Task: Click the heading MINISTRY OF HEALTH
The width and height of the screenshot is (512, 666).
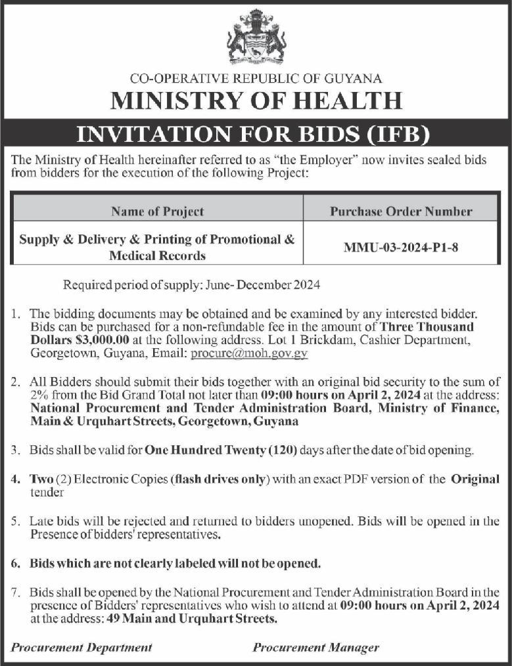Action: [256, 100]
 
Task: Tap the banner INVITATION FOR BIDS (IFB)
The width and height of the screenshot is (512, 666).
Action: [256, 134]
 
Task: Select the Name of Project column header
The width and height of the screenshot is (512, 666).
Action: [157, 211]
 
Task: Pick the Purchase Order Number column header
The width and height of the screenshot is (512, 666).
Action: [401, 211]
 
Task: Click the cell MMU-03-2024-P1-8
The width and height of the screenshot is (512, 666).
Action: [401, 248]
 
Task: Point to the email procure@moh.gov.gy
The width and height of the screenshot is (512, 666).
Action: [249, 353]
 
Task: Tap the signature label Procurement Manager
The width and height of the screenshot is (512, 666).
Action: [315, 647]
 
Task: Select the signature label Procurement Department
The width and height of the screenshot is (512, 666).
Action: [81, 647]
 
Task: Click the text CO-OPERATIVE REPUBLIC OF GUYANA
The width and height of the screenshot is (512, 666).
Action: [256, 79]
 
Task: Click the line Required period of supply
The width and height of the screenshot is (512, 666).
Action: [191, 285]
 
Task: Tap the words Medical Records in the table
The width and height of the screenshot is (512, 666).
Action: [158, 255]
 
